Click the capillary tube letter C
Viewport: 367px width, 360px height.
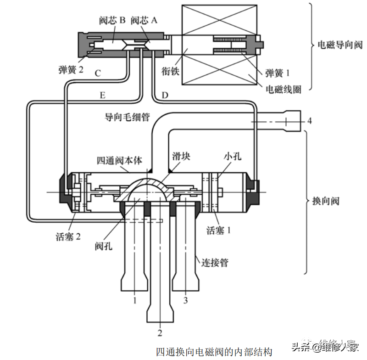pyautogui.click(x=97, y=73)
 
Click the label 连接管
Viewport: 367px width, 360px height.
pyautogui.click(x=215, y=263)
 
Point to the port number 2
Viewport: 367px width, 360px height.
pyautogui.click(x=160, y=332)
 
